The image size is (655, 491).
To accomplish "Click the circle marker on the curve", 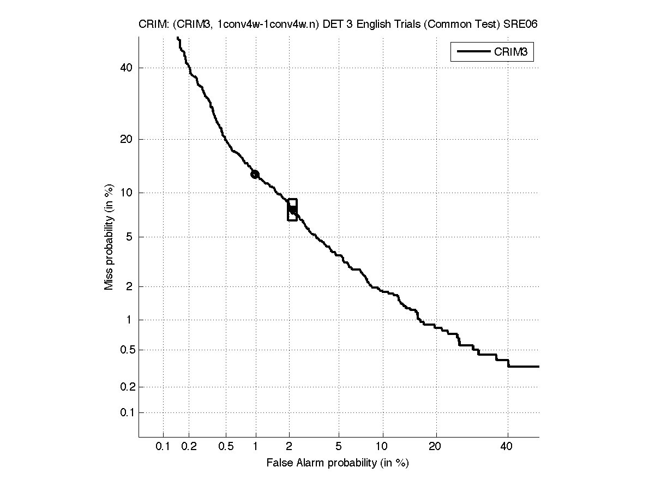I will [255, 175].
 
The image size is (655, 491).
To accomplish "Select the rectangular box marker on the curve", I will [292, 209].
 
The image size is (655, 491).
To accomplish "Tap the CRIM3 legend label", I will [513, 52].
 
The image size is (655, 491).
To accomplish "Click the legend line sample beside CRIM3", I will [473, 52].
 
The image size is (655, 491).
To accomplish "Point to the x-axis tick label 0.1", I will [163, 447].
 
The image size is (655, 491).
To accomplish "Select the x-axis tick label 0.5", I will [226, 447].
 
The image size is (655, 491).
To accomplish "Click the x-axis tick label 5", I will [339, 447].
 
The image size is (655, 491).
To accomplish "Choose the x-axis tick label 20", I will [435, 447].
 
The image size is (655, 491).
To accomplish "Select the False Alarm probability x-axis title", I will [338, 463].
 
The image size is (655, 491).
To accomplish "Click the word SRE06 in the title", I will [524, 25].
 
